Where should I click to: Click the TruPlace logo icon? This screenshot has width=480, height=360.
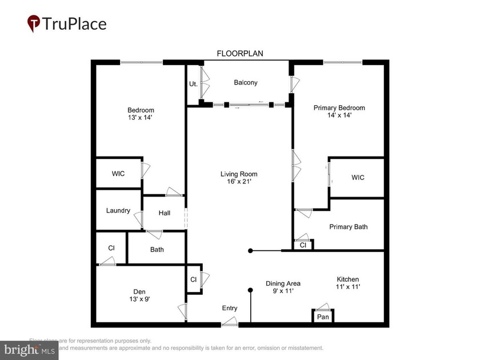[35, 23]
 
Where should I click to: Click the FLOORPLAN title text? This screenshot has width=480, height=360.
[239, 54]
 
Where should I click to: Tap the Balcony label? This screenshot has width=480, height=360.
[246, 82]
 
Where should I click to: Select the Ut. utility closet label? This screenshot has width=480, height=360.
[193, 84]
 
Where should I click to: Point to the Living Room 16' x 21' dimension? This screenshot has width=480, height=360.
[239, 182]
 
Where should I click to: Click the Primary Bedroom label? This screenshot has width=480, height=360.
[339, 107]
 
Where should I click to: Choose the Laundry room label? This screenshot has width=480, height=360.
[118, 210]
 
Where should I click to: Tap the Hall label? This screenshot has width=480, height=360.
[165, 213]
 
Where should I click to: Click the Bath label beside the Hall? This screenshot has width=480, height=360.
[157, 249]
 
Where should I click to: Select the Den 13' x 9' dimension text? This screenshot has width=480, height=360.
[140, 298]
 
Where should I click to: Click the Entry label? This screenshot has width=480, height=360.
[230, 309]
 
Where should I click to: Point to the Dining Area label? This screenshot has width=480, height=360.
[283, 283]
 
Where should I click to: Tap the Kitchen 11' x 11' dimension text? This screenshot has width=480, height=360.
[347, 287]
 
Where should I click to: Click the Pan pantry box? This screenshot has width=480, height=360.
[323, 317]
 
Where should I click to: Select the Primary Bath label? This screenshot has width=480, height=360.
[349, 227]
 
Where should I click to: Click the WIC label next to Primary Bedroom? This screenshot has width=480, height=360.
[358, 178]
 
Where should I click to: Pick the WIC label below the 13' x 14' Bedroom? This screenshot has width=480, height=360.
[118, 173]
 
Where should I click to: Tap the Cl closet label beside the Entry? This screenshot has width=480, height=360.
[194, 280]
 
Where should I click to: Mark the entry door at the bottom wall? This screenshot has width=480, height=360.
[229, 325]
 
